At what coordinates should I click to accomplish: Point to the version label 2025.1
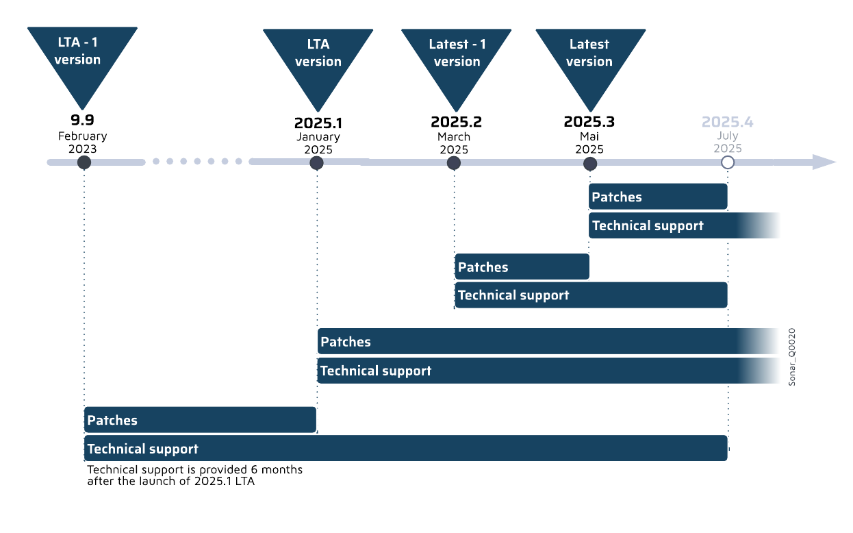(318, 123)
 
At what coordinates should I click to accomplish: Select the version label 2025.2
(456, 122)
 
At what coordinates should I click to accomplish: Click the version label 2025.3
(589, 122)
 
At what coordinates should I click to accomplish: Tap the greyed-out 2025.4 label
(727, 122)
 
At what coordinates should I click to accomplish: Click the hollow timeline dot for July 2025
(728, 162)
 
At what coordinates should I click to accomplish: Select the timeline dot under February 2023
(84, 162)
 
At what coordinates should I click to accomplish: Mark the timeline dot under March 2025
(453, 163)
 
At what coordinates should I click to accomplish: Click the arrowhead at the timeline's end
(824, 162)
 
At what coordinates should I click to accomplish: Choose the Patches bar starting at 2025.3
(657, 197)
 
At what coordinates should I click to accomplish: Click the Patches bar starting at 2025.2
(522, 266)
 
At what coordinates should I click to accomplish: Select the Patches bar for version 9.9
(200, 420)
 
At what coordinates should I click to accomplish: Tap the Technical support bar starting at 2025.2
(590, 295)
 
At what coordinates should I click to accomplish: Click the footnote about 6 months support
(194, 475)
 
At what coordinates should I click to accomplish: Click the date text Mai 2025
(589, 142)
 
